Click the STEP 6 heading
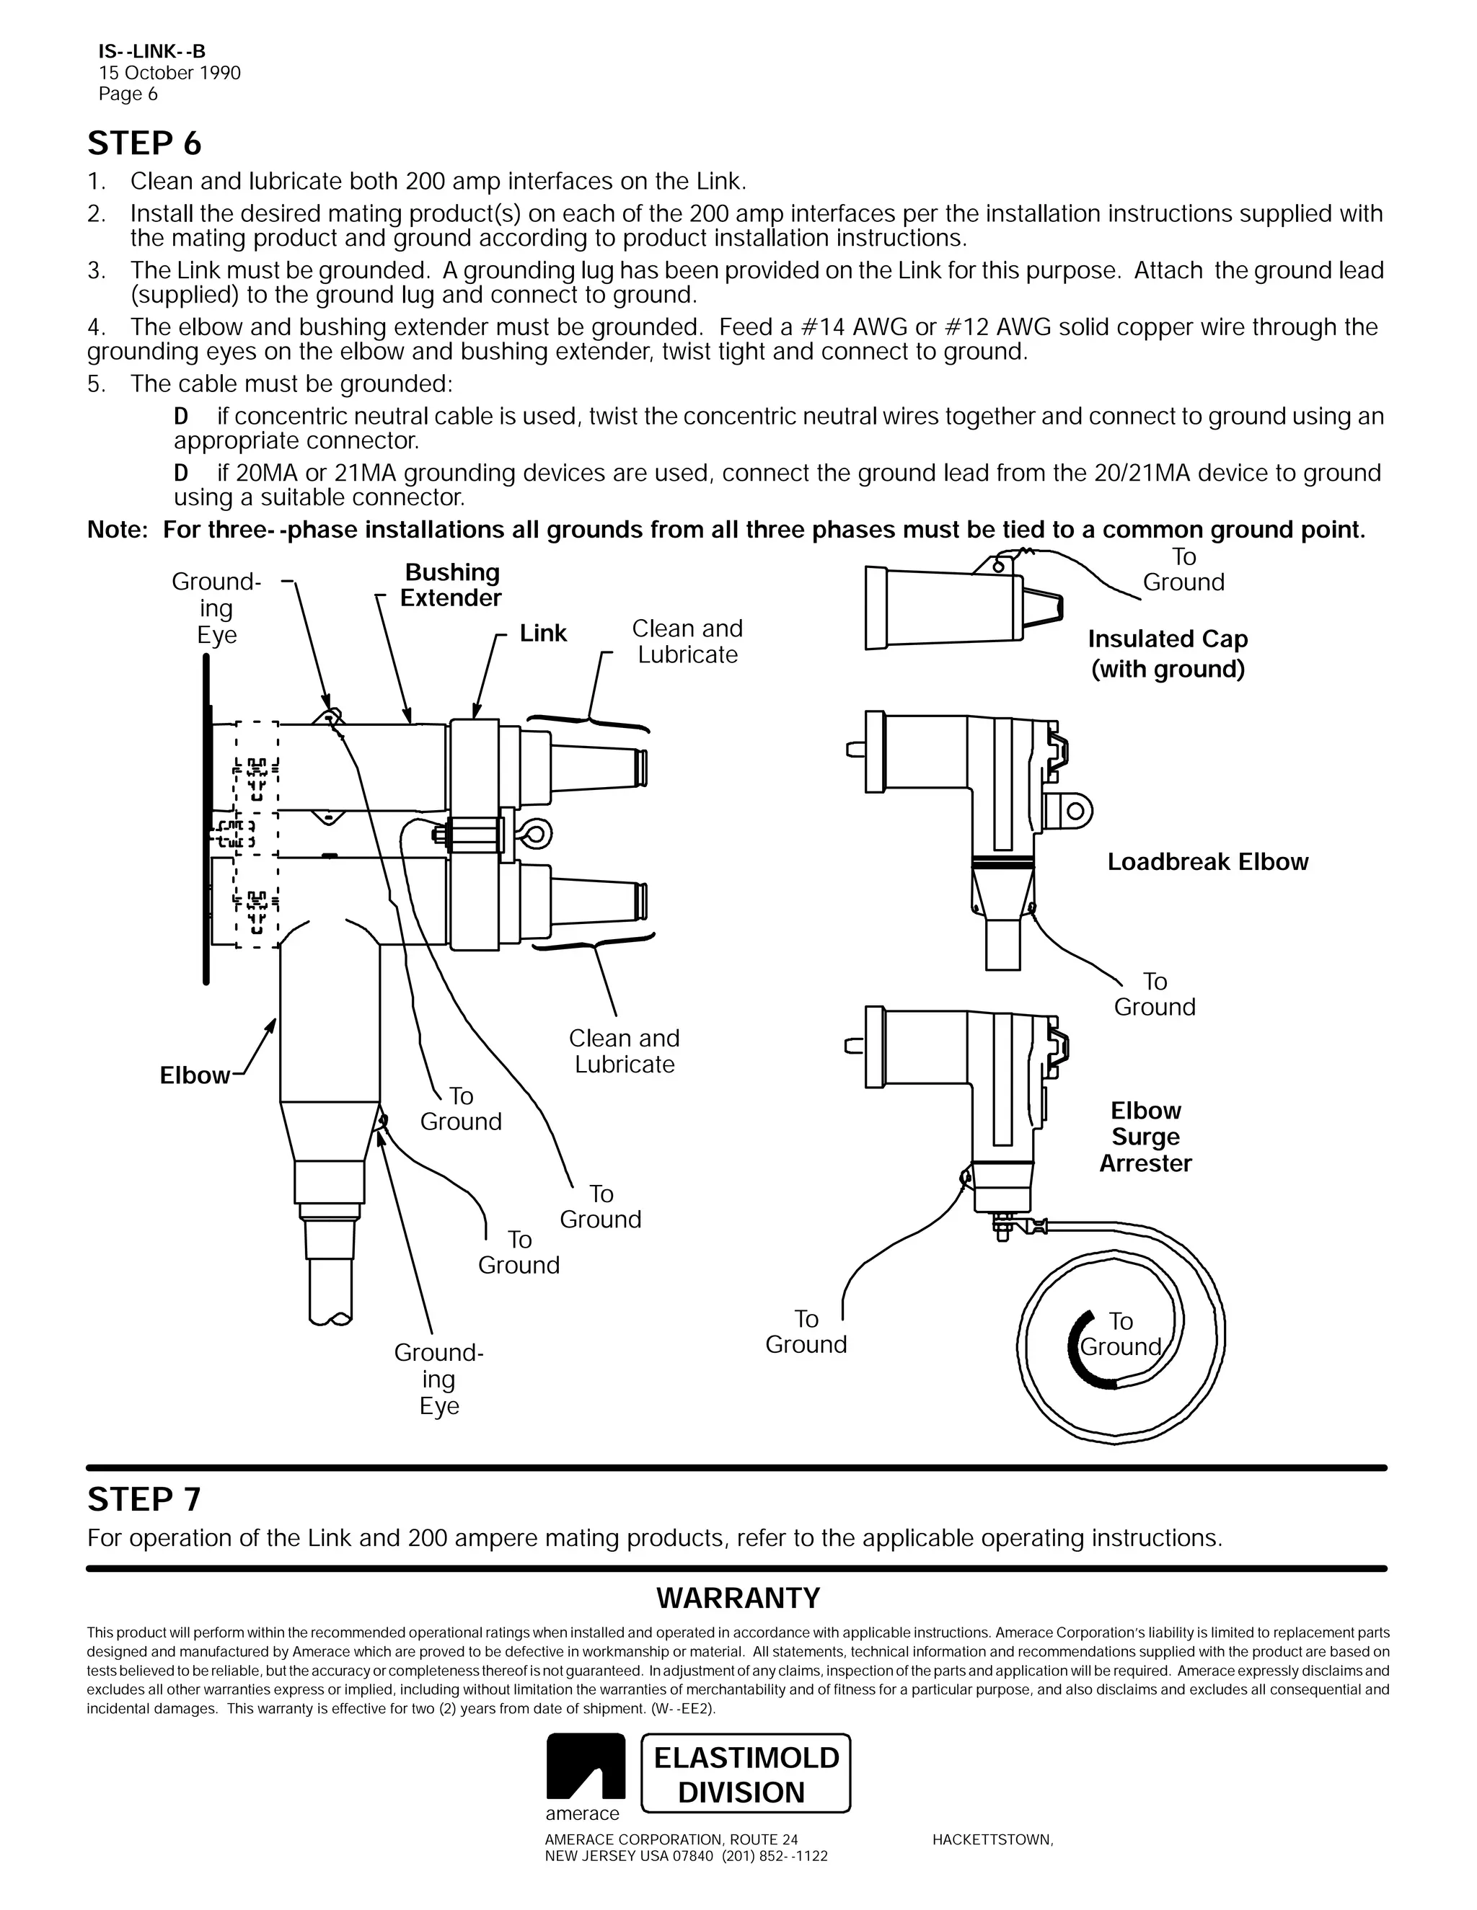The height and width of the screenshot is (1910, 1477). [144, 143]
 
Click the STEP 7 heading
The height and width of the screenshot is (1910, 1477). [144, 1499]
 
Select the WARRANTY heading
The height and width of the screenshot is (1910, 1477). [738, 1598]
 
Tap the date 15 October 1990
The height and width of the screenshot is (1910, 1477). [169, 73]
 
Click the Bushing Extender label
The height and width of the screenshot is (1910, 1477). [451, 585]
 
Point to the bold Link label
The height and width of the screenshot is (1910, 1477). [542, 633]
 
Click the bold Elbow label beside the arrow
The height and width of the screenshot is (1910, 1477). [194, 1075]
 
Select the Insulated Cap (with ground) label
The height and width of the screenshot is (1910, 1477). [1168, 654]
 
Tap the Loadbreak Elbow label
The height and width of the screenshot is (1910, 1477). [1207, 861]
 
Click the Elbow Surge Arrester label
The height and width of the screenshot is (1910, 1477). [1145, 1136]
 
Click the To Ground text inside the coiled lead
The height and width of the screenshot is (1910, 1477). [1120, 1333]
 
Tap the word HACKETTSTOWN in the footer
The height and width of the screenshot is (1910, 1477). [992, 1840]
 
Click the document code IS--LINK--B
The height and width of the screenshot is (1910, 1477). [151, 53]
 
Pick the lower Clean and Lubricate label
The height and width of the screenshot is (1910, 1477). [624, 1051]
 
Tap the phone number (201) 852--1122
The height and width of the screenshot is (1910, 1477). [775, 1856]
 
